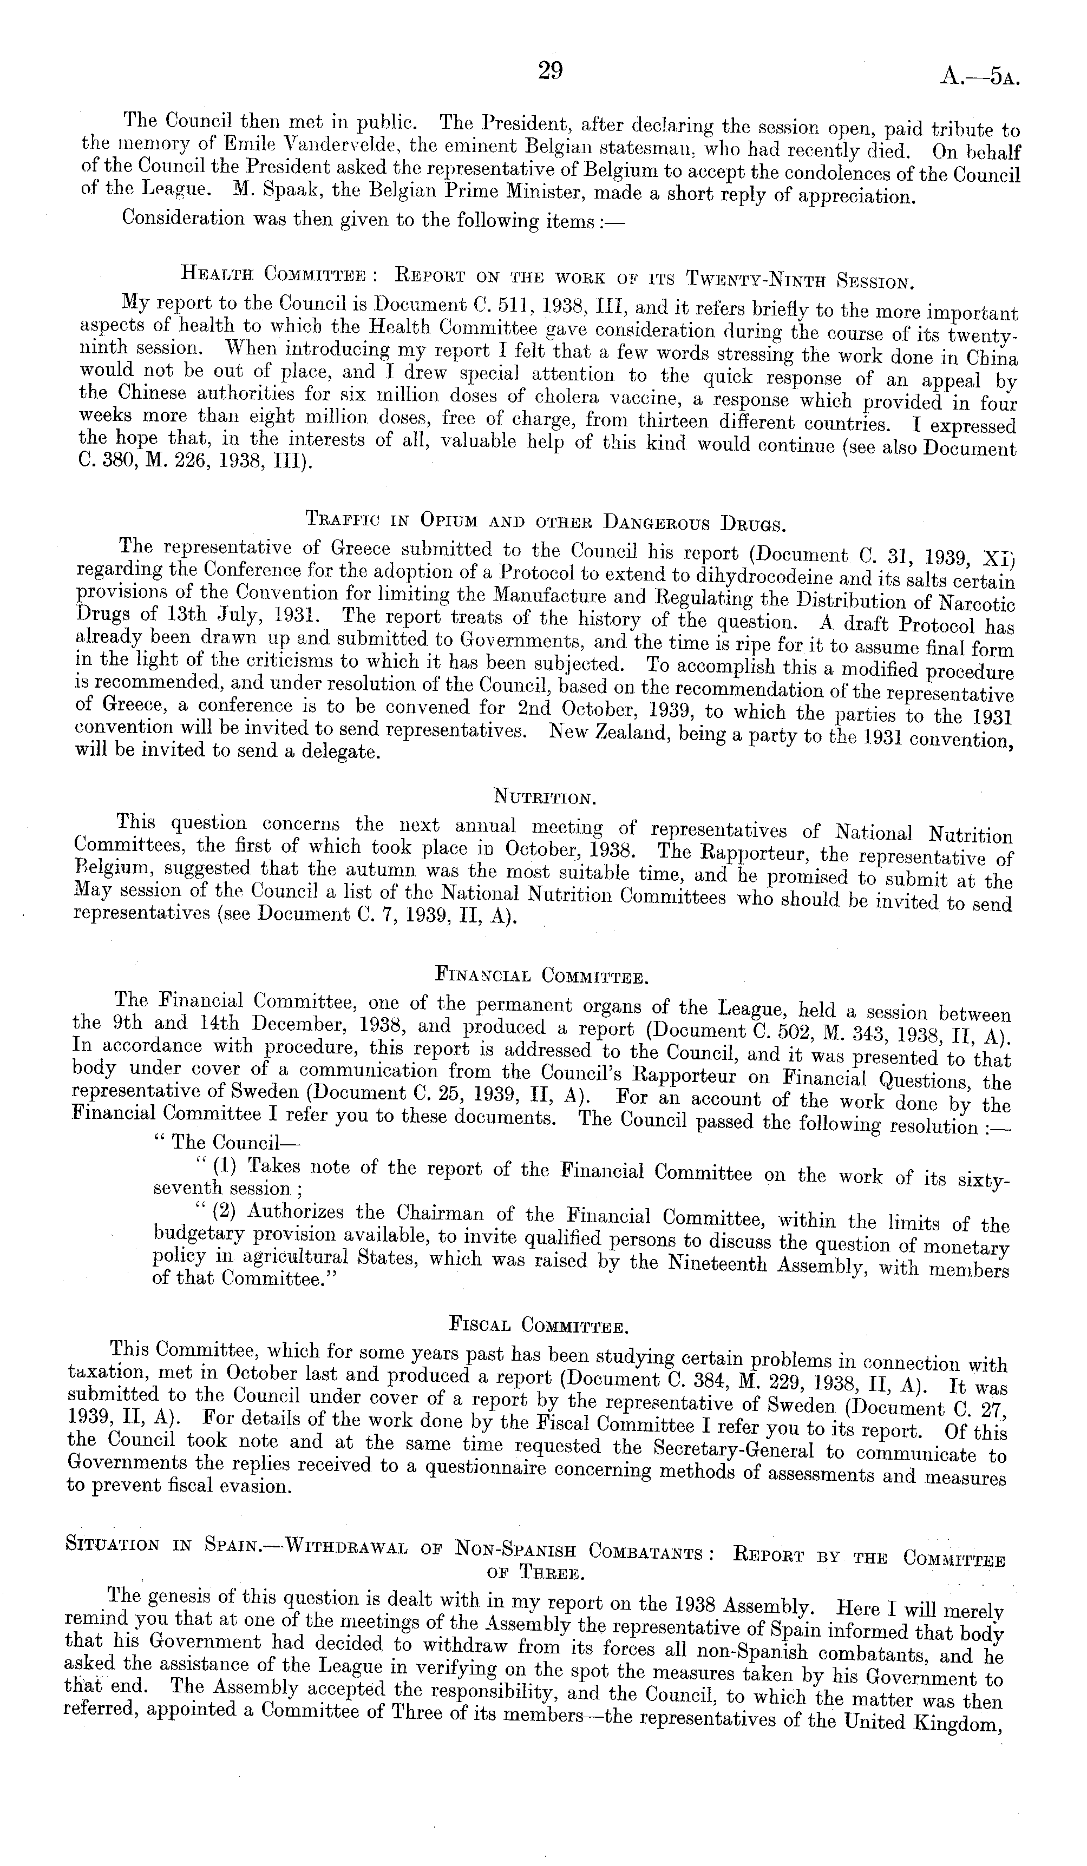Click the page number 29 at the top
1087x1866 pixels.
550,70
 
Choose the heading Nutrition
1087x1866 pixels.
543,797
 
